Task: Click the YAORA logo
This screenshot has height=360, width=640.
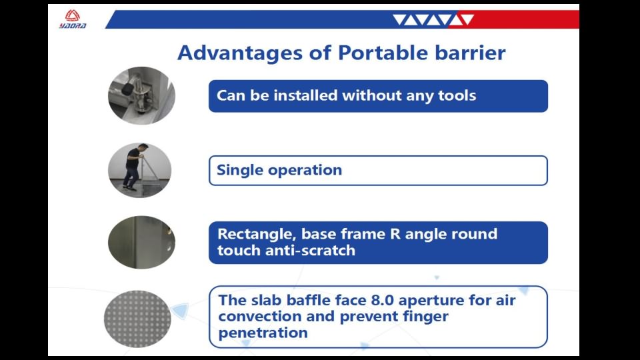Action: tap(72, 19)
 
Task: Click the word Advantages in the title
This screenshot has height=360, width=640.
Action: tap(240, 53)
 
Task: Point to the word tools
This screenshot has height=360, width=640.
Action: tap(457, 95)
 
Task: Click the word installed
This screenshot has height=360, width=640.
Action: tap(306, 95)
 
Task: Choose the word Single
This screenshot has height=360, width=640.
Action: tap(239, 170)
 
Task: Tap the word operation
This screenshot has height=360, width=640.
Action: tap(305, 171)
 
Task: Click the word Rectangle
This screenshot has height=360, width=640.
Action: tap(257, 234)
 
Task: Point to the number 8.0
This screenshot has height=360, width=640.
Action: tap(382, 301)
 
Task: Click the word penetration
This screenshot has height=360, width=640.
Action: tap(263, 333)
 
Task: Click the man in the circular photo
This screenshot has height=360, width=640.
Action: tap(133, 167)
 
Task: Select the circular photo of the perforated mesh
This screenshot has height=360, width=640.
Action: tap(137, 319)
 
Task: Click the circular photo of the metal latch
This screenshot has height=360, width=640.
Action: tap(141, 95)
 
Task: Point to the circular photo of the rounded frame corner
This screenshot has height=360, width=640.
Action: tap(141, 243)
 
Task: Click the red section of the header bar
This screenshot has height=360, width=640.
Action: tap(514, 19)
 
